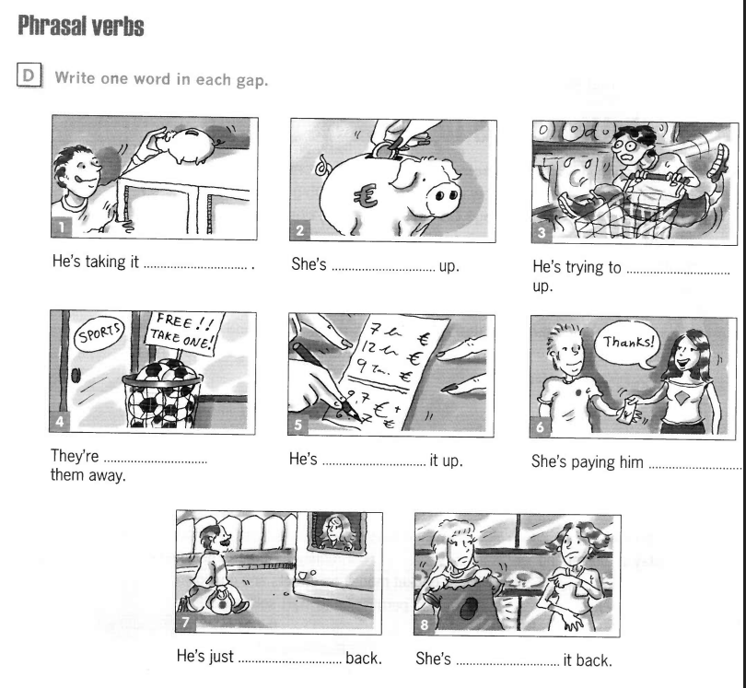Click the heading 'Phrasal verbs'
[81, 26]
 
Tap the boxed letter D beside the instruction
[29, 76]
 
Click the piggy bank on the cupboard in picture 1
[186, 146]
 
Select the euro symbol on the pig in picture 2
[366, 196]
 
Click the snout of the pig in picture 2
[442, 196]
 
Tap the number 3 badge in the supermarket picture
[542, 233]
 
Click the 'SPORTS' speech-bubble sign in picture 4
[99, 334]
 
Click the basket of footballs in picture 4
[162, 393]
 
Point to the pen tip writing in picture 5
[356, 417]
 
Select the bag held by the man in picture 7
[219, 601]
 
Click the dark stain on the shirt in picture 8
[469, 609]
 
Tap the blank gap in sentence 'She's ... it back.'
[507, 662]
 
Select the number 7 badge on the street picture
[185, 622]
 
